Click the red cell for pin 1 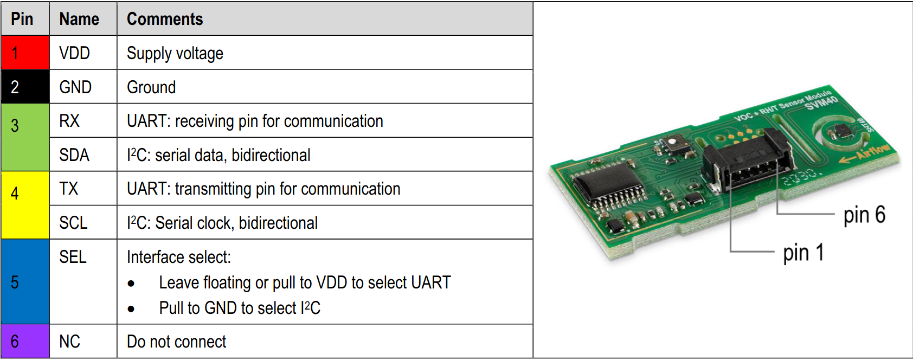coord(25,53)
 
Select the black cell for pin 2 coord(25,87)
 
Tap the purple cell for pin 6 coord(25,342)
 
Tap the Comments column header coord(165,19)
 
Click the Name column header coord(79,19)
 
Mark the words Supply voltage coord(175,53)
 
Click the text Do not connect coord(177,342)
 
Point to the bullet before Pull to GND coord(131,309)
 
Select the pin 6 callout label coord(864,215)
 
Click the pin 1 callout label coord(803,253)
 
